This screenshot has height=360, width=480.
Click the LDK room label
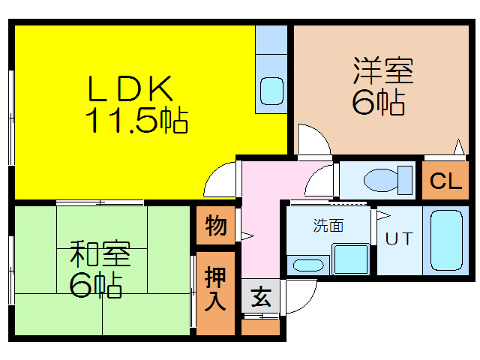pos(132,90)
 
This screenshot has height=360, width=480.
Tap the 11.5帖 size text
pos(136,120)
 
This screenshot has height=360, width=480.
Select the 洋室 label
pos(383,73)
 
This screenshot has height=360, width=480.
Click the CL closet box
pos(445,181)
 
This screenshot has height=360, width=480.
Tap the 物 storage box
pos(215,225)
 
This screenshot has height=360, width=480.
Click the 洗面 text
pos(328,224)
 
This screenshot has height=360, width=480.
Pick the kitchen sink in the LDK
pos(271,91)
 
